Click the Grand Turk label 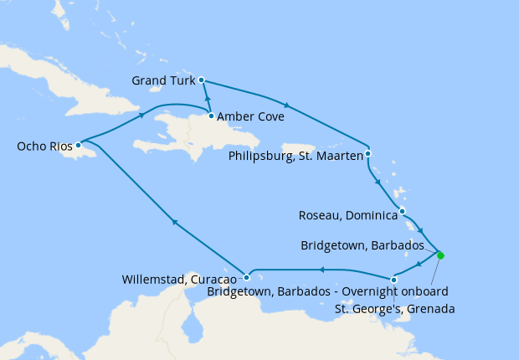pyautogui.click(x=163, y=81)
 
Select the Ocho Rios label pyautogui.click(x=45, y=147)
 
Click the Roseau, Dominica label pyautogui.click(x=347, y=215)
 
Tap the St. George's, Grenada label pyautogui.click(x=394, y=309)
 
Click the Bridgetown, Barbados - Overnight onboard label pyautogui.click(x=327, y=291)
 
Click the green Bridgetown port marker pyautogui.click(x=440, y=255)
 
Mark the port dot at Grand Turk pyautogui.click(x=203, y=80)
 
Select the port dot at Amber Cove pyautogui.click(x=211, y=116)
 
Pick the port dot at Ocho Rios pyautogui.click(x=78, y=145)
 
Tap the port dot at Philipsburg pyautogui.click(x=368, y=154)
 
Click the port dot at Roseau pyautogui.click(x=403, y=211)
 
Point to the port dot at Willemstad pyautogui.click(x=246, y=277)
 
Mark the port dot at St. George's pyautogui.click(x=394, y=279)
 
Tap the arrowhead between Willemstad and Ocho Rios pyautogui.click(x=174, y=221)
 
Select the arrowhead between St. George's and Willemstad pyautogui.click(x=321, y=270)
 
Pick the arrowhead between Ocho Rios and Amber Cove pyautogui.click(x=141, y=116)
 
